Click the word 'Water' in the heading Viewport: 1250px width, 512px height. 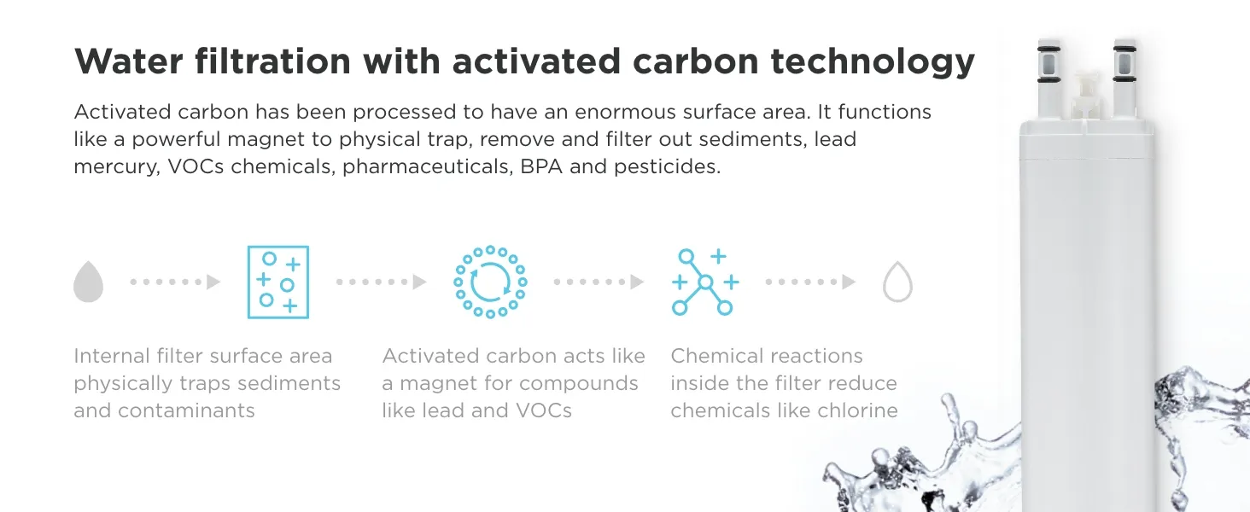pos(129,61)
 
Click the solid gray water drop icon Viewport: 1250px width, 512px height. pos(88,282)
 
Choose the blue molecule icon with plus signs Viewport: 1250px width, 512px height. pos(705,282)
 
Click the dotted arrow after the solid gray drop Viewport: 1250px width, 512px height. pos(175,282)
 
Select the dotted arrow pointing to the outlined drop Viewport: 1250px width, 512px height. pos(811,282)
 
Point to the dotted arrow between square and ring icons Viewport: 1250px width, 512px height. pos(382,282)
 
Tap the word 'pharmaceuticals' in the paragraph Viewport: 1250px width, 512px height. pos(428,166)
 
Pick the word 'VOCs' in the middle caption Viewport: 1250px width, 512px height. pos(544,410)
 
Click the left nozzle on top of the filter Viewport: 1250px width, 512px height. pos(1049,79)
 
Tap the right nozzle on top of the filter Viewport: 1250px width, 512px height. pos(1124,79)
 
